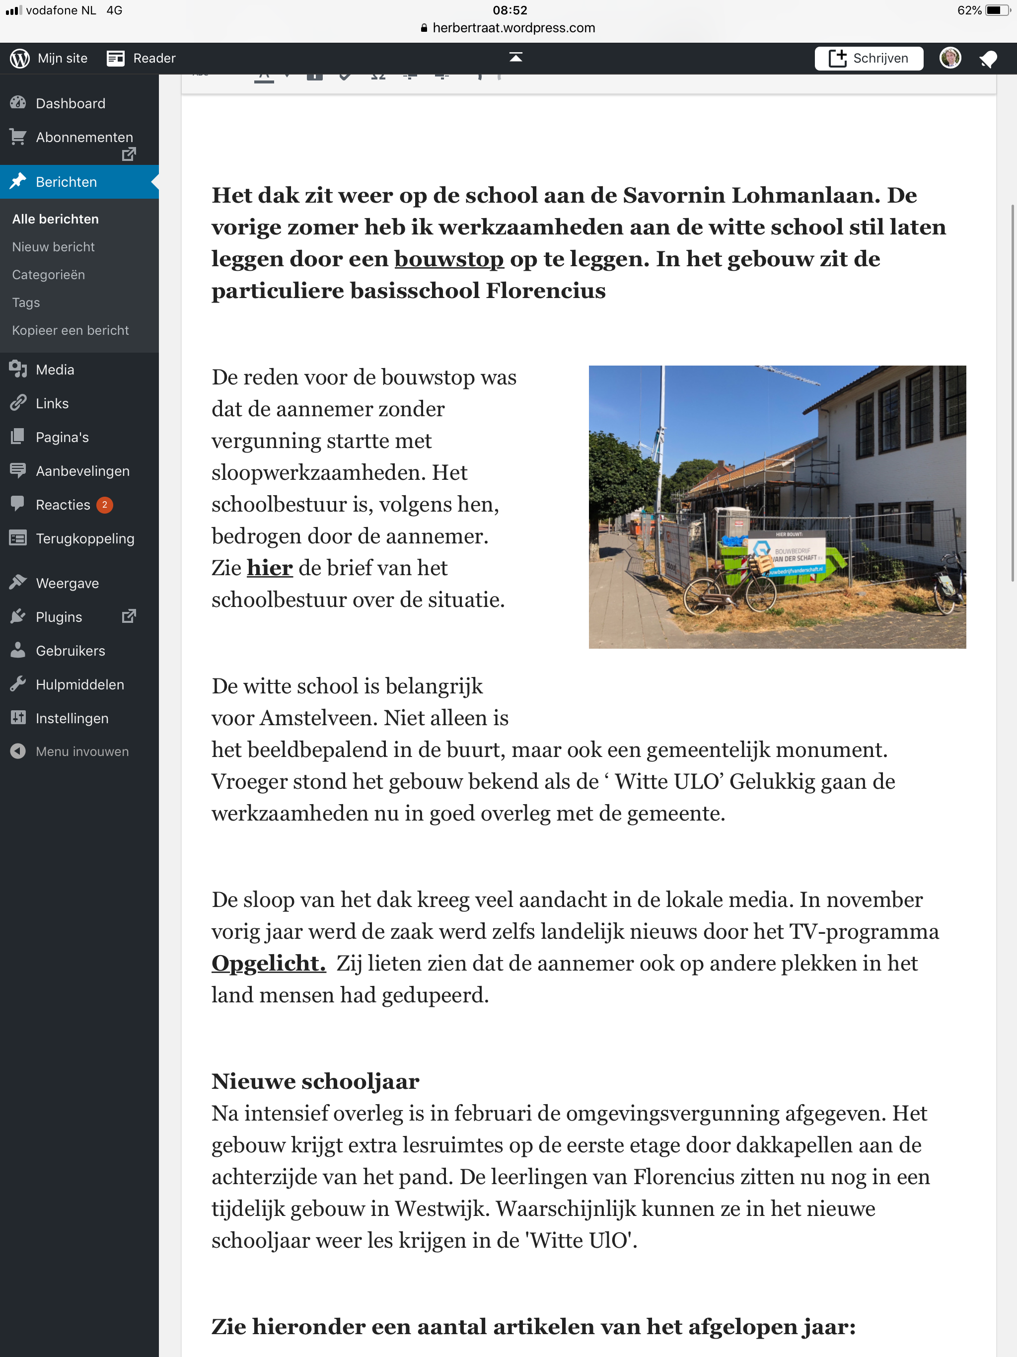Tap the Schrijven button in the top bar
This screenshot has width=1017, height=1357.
(868, 58)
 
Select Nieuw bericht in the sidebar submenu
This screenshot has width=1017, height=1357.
(53, 247)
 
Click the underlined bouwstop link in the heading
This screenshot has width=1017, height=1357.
(448, 259)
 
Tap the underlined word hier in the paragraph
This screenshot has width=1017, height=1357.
(269, 568)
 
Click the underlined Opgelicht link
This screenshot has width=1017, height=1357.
(268, 963)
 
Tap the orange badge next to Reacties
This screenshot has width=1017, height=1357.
(105, 505)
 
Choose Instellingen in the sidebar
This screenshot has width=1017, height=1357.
(72, 718)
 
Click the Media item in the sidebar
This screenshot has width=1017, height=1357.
(55, 370)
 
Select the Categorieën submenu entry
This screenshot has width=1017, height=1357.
(49, 275)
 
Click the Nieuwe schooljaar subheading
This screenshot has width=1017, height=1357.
(315, 1081)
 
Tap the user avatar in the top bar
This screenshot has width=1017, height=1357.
(950, 58)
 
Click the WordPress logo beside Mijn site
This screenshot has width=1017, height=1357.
(20, 58)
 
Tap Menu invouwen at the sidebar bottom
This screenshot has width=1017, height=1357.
(81, 752)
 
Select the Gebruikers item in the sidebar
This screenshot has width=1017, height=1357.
(70, 651)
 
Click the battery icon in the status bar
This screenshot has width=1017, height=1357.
(996, 10)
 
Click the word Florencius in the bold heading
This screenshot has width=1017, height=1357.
(545, 291)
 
